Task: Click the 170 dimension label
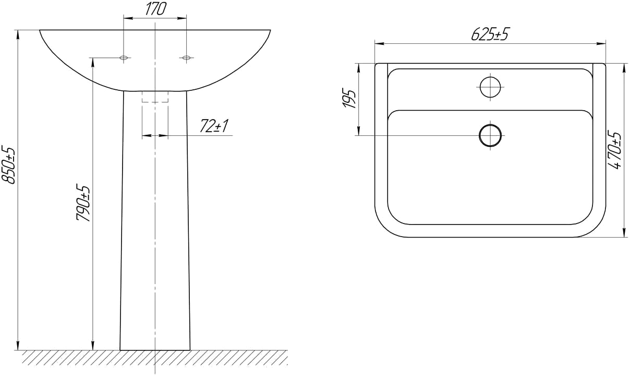pyautogui.click(x=155, y=9)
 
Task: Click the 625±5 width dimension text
pyautogui.click(x=490, y=34)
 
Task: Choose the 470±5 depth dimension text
pyautogui.click(x=616, y=150)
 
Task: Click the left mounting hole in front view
pyautogui.click(x=124, y=57)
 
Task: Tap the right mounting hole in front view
pyautogui.click(x=186, y=57)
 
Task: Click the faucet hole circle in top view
pyautogui.click(x=490, y=87)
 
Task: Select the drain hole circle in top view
pyautogui.click(x=490, y=135)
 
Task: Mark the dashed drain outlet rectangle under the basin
pyautogui.click(x=155, y=97)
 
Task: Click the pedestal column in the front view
pyautogui.click(x=155, y=235)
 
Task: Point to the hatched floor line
pyautogui.click(x=155, y=357)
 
